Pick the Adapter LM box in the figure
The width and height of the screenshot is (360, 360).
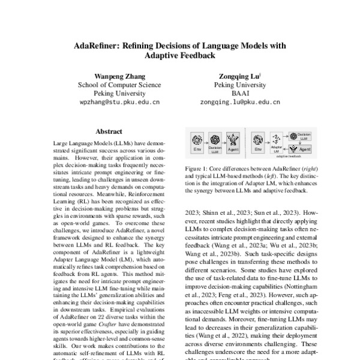click(277, 143)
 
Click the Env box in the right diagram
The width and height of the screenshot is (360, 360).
click(257, 142)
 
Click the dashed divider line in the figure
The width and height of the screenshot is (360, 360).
click(245, 143)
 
